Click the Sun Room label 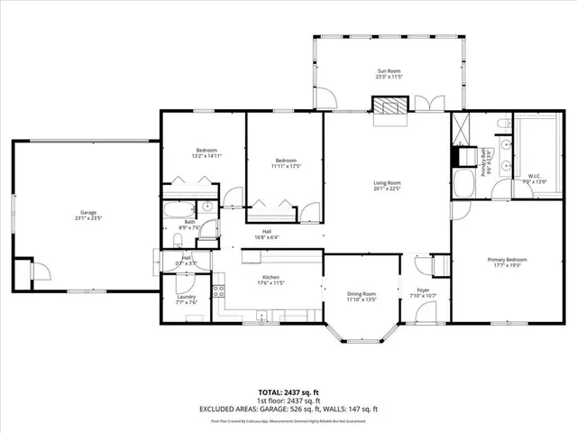coord(389,71)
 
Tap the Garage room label coord(87,214)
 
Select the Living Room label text coord(388,183)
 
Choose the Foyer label coord(422,290)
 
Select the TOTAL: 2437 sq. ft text coord(288,392)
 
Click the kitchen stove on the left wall coord(216,290)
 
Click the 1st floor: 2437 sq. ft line coord(288,401)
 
